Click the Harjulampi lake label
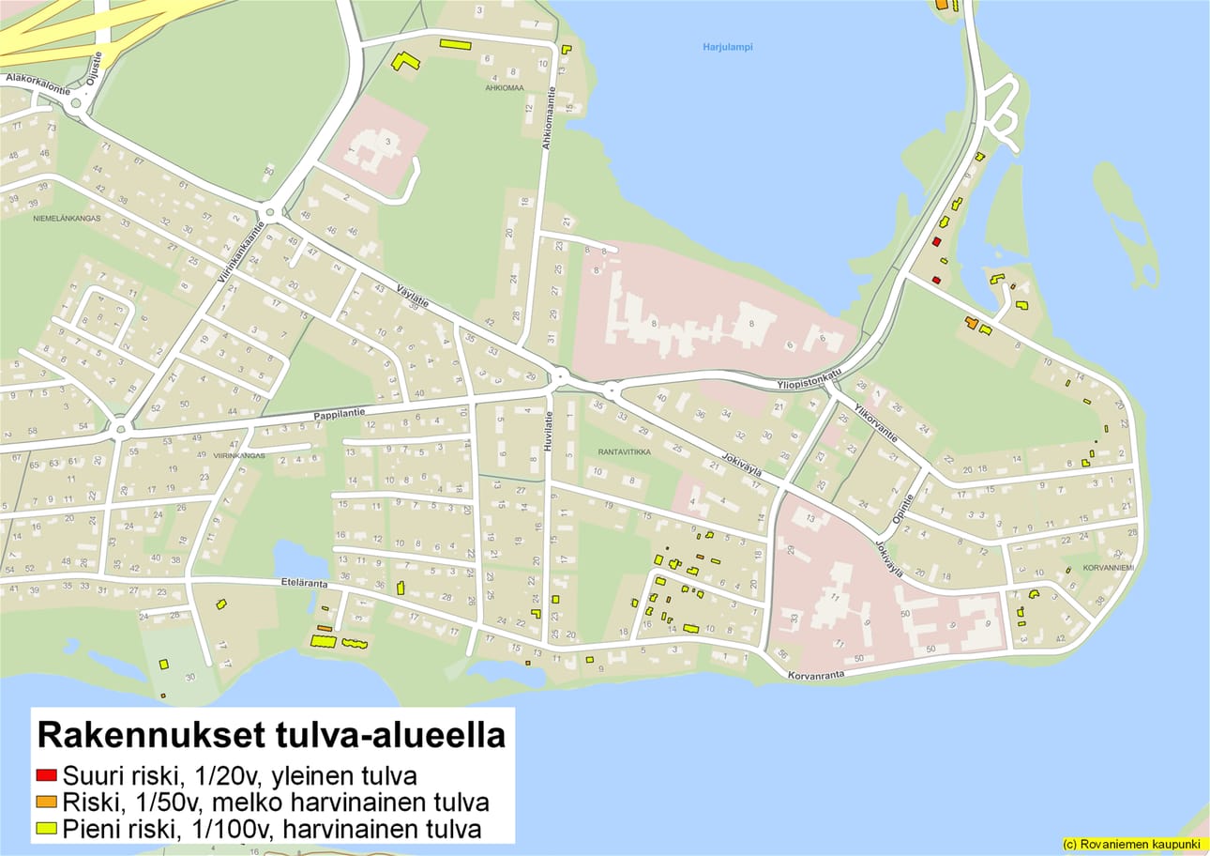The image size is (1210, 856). click(727, 47)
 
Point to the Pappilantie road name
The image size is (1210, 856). click(340, 412)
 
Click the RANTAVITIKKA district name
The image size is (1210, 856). click(625, 451)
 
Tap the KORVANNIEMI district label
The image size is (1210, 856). click(1109, 568)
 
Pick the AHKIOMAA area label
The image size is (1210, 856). click(505, 88)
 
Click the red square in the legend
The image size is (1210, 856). click(46, 775)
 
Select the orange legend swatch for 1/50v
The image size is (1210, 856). click(46, 802)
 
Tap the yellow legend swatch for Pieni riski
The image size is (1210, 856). click(46, 830)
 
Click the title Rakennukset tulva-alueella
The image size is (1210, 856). click(270, 735)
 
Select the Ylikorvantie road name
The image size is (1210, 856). click(875, 424)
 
